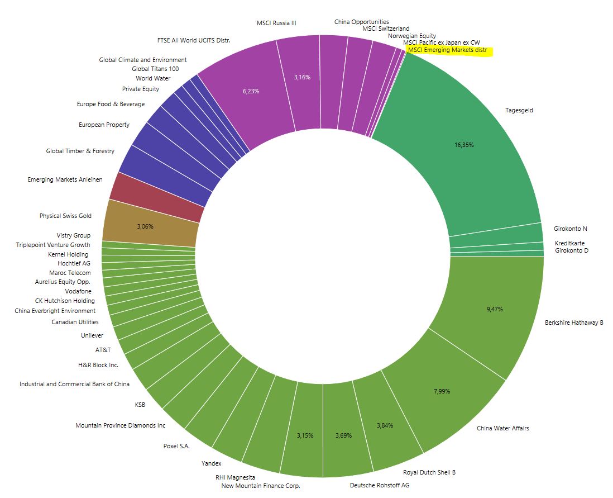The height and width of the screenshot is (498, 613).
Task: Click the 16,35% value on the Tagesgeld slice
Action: (464, 145)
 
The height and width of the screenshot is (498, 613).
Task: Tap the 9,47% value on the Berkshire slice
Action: (495, 309)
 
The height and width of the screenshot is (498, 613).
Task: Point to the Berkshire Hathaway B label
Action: (574, 322)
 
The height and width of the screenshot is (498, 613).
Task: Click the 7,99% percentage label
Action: (442, 391)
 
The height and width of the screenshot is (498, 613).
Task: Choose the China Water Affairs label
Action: (502, 428)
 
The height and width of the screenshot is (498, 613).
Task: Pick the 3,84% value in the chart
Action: (385, 425)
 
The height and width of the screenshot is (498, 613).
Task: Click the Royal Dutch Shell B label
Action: (429, 472)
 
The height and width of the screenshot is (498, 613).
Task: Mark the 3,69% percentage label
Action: (343, 435)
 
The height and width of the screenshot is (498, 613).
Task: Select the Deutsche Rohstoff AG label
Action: (379, 485)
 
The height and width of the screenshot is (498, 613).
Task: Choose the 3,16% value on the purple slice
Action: (302, 77)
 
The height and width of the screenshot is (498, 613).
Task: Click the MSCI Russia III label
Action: (276, 23)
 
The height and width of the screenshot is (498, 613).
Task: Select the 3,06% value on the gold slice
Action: (145, 227)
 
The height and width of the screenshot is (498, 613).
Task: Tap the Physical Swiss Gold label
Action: (65, 216)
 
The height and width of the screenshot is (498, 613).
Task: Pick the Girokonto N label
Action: (570, 229)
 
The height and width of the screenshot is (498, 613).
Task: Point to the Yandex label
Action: (211, 463)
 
